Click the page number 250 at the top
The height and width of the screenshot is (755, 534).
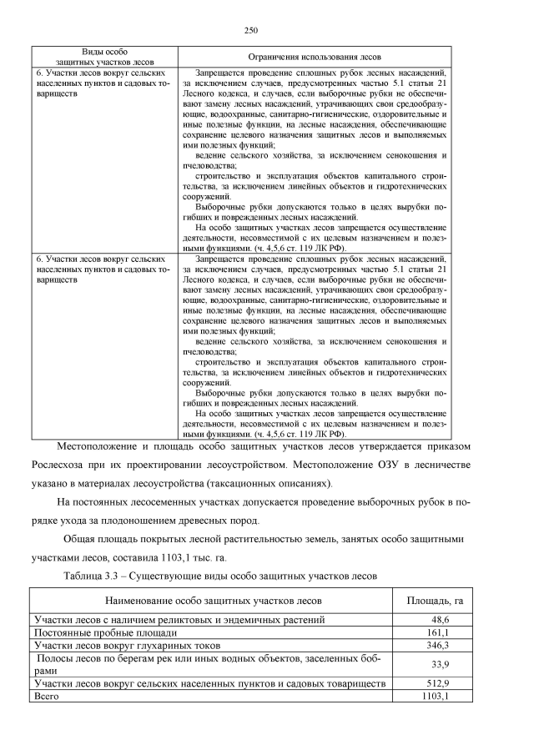tap(249, 30)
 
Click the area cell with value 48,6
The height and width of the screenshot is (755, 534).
tap(440, 620)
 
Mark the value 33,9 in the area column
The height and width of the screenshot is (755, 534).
tap(440, 664)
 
